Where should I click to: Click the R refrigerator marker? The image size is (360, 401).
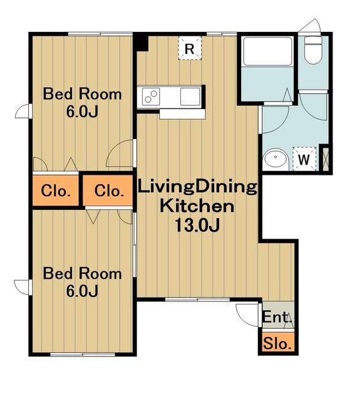click(190, 48)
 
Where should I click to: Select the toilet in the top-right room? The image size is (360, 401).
click(313, 50)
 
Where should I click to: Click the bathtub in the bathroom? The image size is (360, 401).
click(267, 51)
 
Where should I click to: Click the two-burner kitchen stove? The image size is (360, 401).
click(150, 96)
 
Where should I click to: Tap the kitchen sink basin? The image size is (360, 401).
click(190, 96)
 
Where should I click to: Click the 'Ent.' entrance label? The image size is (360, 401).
click(277, 318)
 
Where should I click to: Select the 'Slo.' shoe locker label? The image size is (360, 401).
click(277, 343)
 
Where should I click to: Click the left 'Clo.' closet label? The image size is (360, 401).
click(56, 190)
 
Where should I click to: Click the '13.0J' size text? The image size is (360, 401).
click(197, 226)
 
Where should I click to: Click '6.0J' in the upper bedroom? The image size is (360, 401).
click(82, 112)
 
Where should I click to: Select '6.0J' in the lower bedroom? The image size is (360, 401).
click(82, 291)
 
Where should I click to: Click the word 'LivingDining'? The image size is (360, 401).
click(197, 187)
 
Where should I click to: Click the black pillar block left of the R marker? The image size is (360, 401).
click(141, 43)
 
